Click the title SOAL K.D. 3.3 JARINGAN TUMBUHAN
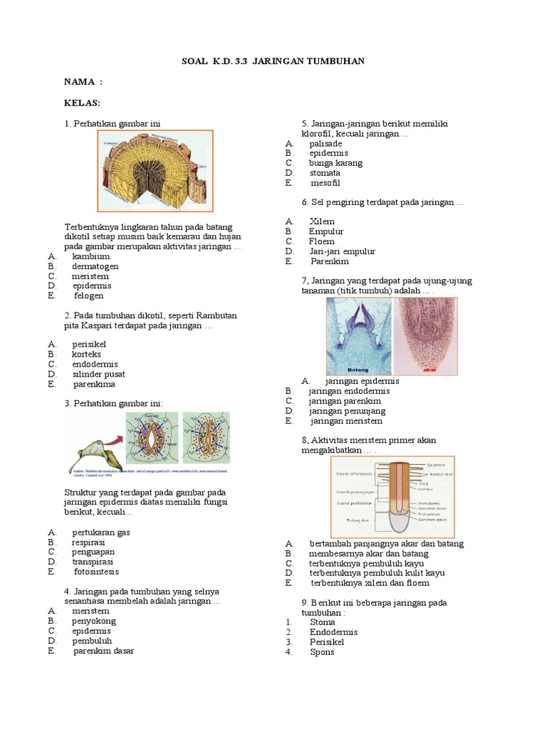click(x=273, y=62)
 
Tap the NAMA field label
click(x=83, y=83)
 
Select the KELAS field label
click(x=83, y=103)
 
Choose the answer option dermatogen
click(x=95, y=266)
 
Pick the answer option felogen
click(x=89, y=295)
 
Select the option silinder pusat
click(x=98, y=374)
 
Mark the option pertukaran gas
click(x=101, y=533)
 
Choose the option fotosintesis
click(x=97, y=572)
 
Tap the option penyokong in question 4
click(x=93, y=621)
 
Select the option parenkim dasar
click(x=104, y=651)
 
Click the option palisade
click(x=325, y=143)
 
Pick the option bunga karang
click(x=335, y=163)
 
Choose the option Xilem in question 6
click(x=322, y=221)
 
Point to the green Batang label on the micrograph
click(x=358, y=370)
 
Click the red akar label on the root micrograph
click(x=429, y=370)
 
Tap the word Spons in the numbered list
click(x=322, y=651)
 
